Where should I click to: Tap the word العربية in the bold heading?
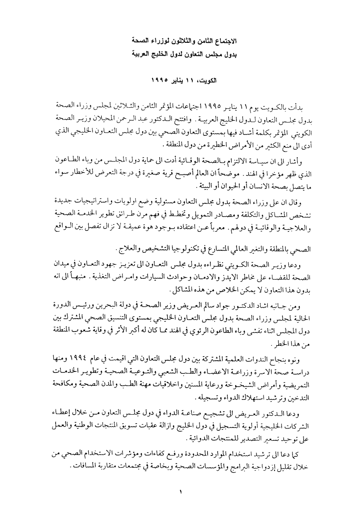pyautogui.click(x=143, y=54)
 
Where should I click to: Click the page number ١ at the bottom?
pyautogui.click(x=180, y=492)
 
